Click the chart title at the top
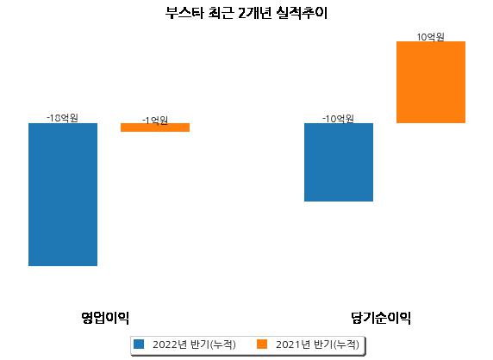tap(246, 13)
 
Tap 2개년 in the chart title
tap(254, 13)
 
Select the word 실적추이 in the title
tap(302, 13)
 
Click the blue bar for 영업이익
tap(63, 195)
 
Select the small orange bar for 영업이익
tap(155, 127)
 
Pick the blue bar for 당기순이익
tap(339, 162)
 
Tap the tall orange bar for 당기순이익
tap(431, 83)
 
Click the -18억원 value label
tap(62, 118)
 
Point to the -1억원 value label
tap(155, 121)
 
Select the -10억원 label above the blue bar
tap(338, 119)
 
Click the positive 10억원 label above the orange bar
tap(430, 37)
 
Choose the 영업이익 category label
tap(105, 318)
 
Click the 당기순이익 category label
tap(381, 318)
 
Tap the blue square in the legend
tap(139, 344)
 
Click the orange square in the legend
tap(262, 344)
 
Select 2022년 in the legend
tap(170, 344)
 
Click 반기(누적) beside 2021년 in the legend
tap(336, 344)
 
